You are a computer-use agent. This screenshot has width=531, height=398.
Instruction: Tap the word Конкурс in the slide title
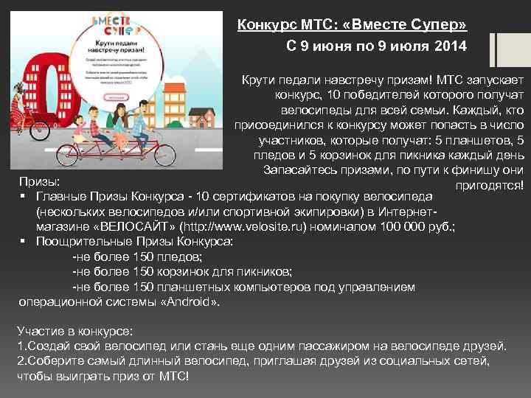[x=265, y=25]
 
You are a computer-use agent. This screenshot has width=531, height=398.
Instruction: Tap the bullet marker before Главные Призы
[x=24, y=195]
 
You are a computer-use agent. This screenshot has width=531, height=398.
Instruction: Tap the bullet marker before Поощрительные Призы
[x=24, y=241]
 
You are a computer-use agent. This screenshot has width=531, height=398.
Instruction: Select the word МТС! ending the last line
[x=174, y=376]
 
